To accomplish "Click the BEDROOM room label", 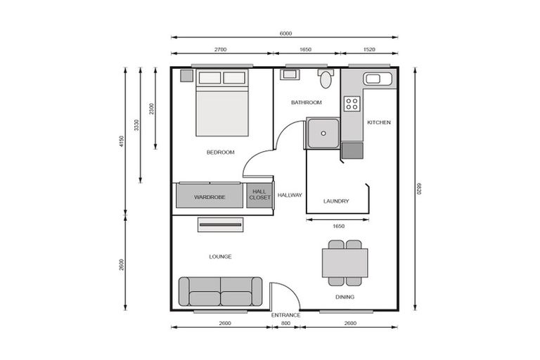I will (220, 152).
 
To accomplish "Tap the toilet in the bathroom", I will (326, 79).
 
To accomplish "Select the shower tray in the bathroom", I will (322, 133).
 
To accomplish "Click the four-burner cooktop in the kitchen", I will (352, 105).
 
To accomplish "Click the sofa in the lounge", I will (220, 291).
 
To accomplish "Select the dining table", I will (345, 264).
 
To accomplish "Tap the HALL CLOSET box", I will (259, 195).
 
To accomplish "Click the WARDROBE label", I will (210, 198).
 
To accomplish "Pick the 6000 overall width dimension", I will (285, 33).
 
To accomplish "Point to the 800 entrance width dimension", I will (285, 323).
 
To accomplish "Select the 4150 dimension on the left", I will (122, 143).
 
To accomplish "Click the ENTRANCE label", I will (285, 314).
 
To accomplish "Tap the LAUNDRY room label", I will (336, 201).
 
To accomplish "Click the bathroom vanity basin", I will (290, 74).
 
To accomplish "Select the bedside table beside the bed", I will (186, 75).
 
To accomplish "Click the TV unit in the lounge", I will (220, 224).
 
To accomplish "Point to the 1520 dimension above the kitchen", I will (369, 51).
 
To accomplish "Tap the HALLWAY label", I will (290, 195).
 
